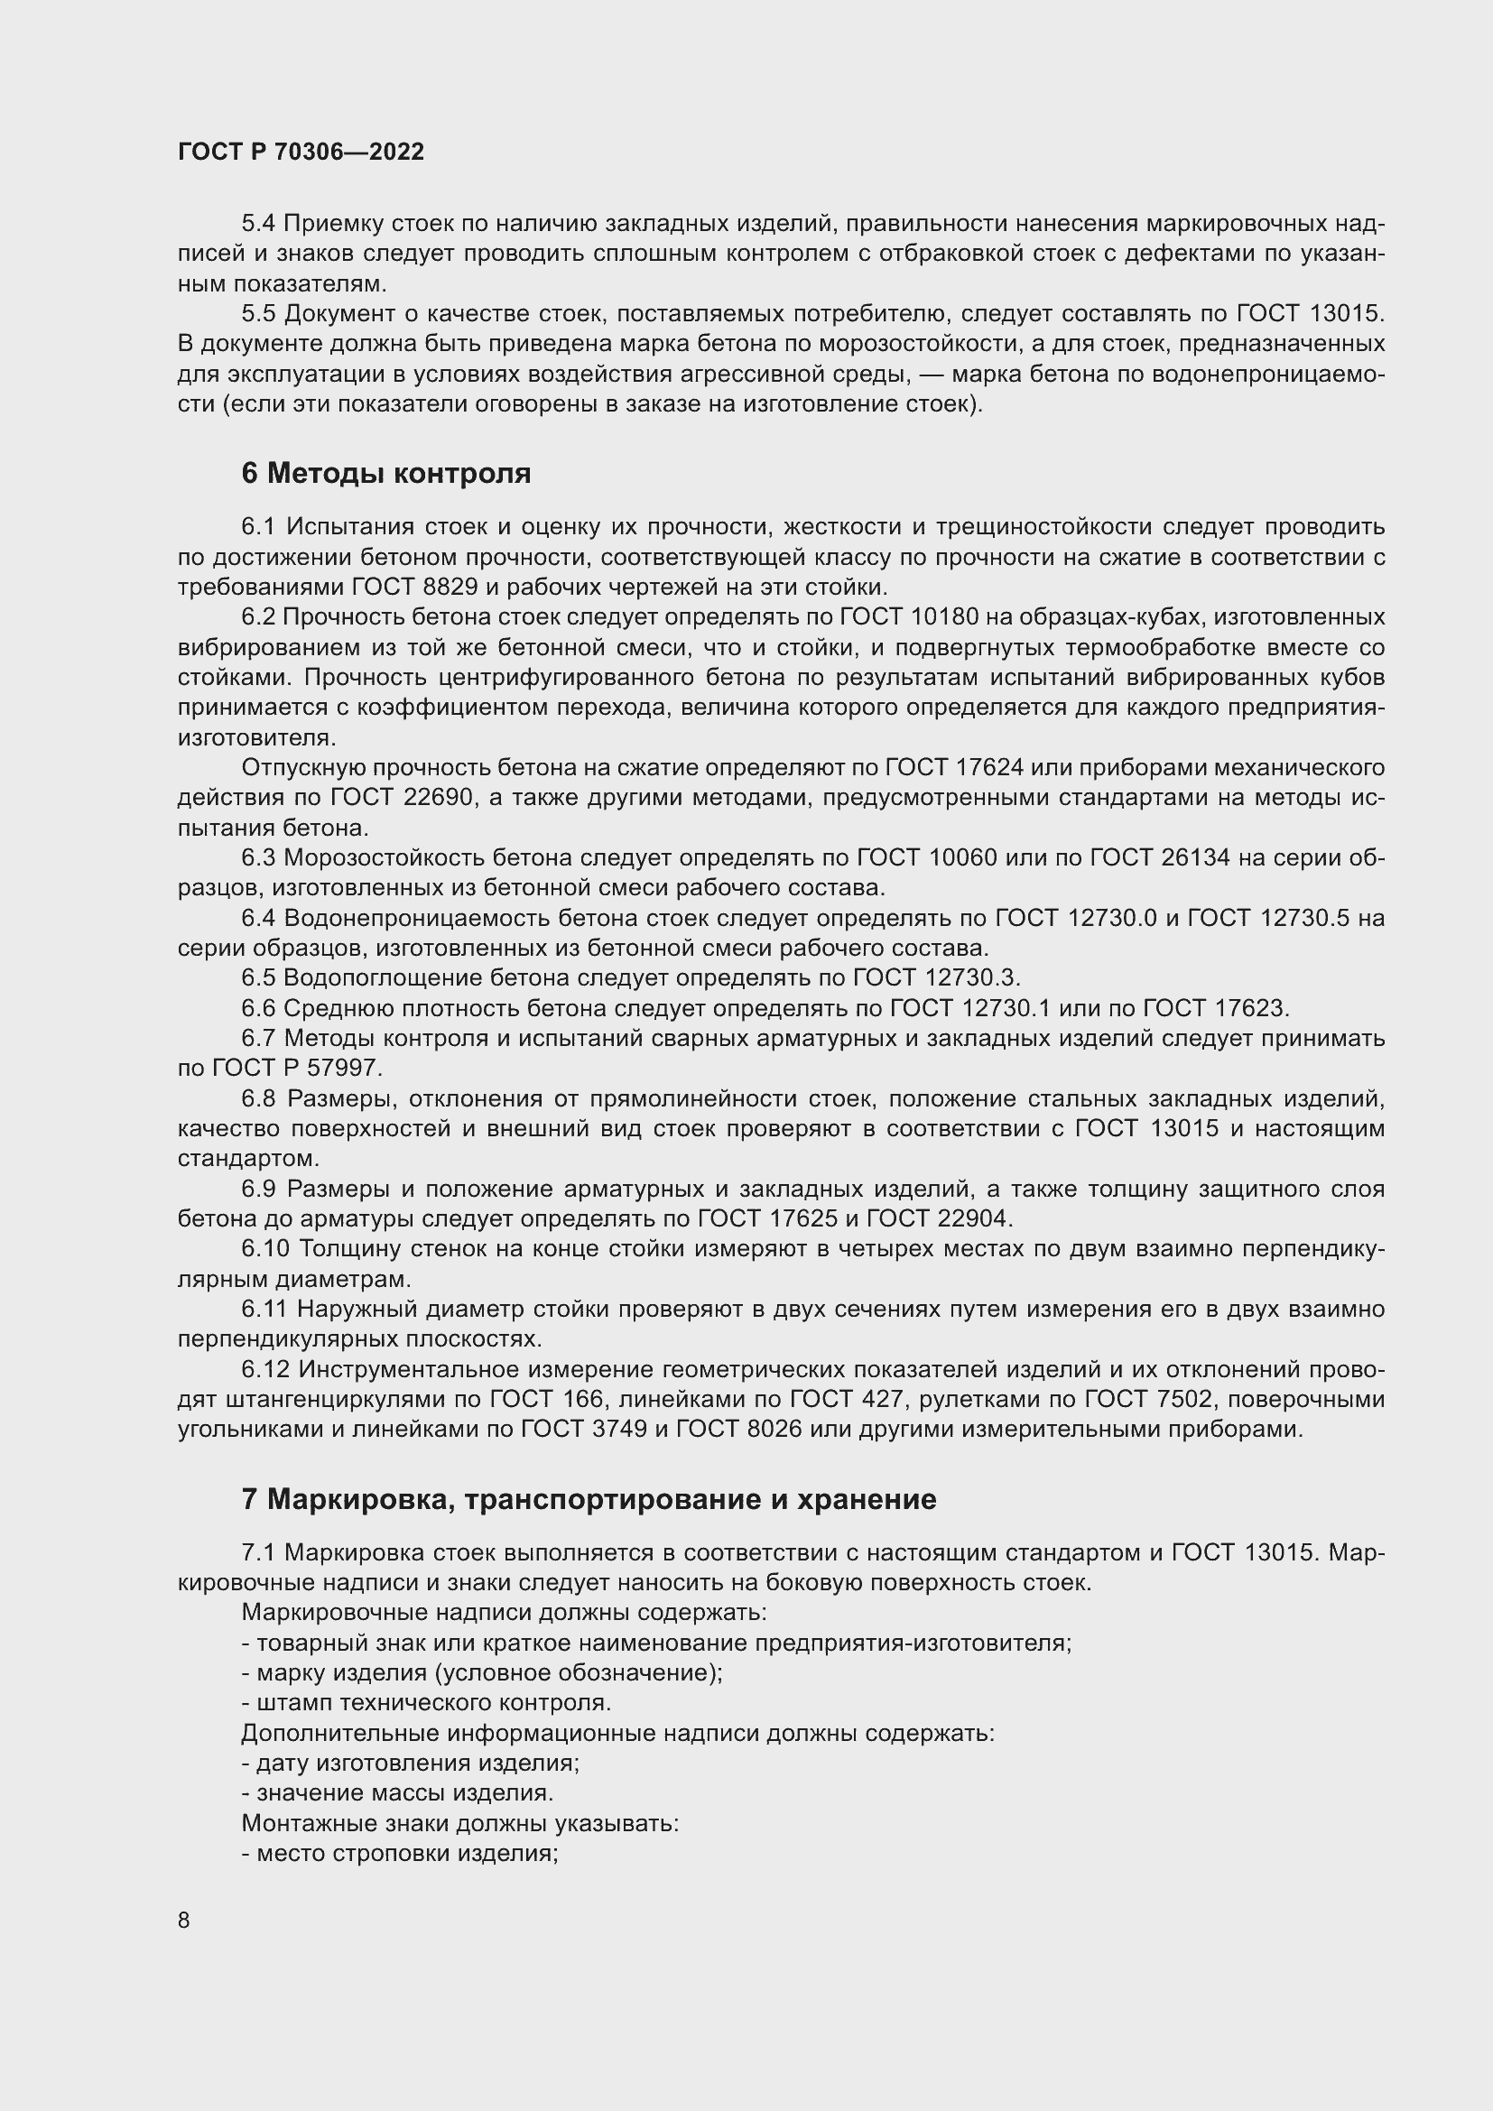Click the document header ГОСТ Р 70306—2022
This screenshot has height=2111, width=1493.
pyautogui.click(x=301, y=153)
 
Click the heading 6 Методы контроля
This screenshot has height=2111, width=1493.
pyautogui.click(x=386, y=474)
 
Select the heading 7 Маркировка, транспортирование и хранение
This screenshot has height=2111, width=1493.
pyautogui.click(x=589, y=1500)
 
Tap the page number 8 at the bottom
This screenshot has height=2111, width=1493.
pyautogui.click(x=184, y=1921)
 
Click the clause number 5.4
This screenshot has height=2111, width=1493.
pyautogui.click(x=258, y=224)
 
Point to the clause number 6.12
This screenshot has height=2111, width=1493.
pyautogui.click(x=265, y=1370)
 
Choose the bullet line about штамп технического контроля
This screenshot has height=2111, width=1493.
pyautogui.click(x=427, y=1703)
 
